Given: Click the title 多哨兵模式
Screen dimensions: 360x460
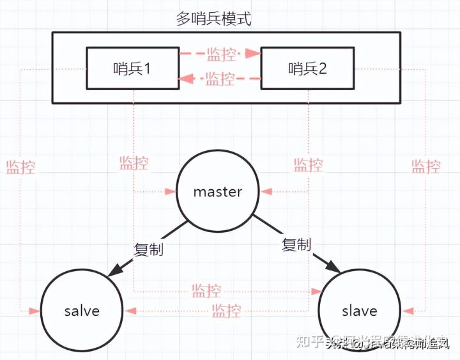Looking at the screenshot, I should point(213,18).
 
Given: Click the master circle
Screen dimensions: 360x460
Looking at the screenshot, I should point(218,191).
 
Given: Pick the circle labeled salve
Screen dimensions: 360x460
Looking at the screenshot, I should point(82,311).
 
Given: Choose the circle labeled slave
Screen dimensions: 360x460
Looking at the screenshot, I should point(359,311).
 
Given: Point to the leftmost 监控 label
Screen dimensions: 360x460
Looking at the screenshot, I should point(20,168).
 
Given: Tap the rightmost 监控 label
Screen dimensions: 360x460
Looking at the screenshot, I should point(425,168).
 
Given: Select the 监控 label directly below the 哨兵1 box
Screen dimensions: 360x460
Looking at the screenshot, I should point(134,163).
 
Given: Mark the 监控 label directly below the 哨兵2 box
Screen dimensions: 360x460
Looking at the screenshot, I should point(308,166).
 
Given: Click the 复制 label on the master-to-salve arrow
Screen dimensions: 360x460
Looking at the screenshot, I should point(148,248).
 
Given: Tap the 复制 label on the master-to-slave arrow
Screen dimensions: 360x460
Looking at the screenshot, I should point(296,244).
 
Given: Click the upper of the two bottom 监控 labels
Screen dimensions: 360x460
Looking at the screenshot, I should point(206,291).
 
